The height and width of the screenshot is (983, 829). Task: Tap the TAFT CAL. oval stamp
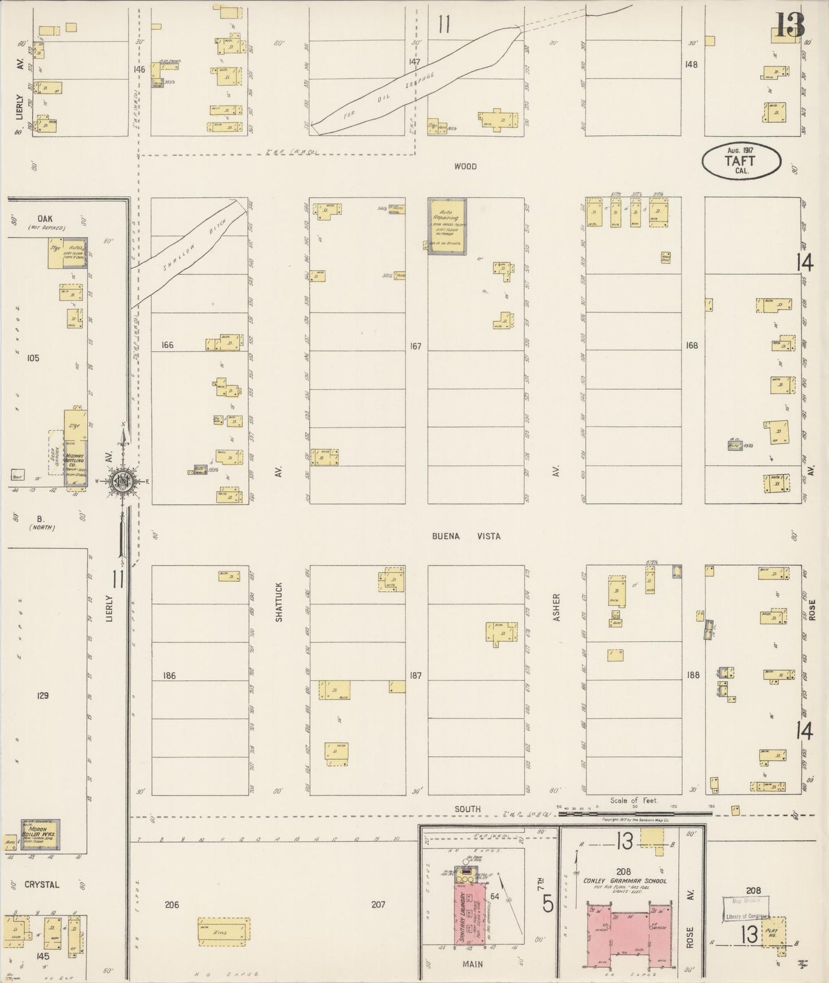(741, 161)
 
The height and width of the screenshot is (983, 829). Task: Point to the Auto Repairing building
(447, 226)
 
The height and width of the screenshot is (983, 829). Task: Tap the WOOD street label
(465, 166)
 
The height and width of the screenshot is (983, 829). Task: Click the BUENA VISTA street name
(466, 536)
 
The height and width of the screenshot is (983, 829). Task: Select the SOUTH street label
(467, 809)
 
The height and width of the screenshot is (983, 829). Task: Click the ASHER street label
(556, 607)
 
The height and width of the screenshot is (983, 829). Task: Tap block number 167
(415, 346)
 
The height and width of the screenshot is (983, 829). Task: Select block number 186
(168, 676)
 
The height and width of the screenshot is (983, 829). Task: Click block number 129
(42, 696)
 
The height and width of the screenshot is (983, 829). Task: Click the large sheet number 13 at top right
(790, 25)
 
